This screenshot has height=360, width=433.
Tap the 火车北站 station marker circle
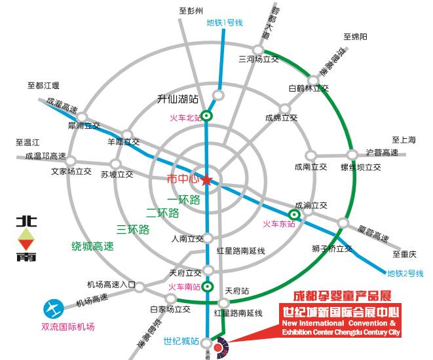click(207, 117)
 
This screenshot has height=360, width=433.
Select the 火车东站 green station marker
click(295, 214)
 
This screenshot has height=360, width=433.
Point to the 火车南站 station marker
click(208, 286)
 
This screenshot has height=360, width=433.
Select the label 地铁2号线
click(405, 273)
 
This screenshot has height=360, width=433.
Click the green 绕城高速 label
click(92, 247)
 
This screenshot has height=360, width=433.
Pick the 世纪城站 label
click(181, 340)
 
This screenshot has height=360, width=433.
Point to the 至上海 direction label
click(404, 139)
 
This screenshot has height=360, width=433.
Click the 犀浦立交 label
click(84, 125)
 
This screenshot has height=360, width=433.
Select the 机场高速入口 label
click(111, 285)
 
